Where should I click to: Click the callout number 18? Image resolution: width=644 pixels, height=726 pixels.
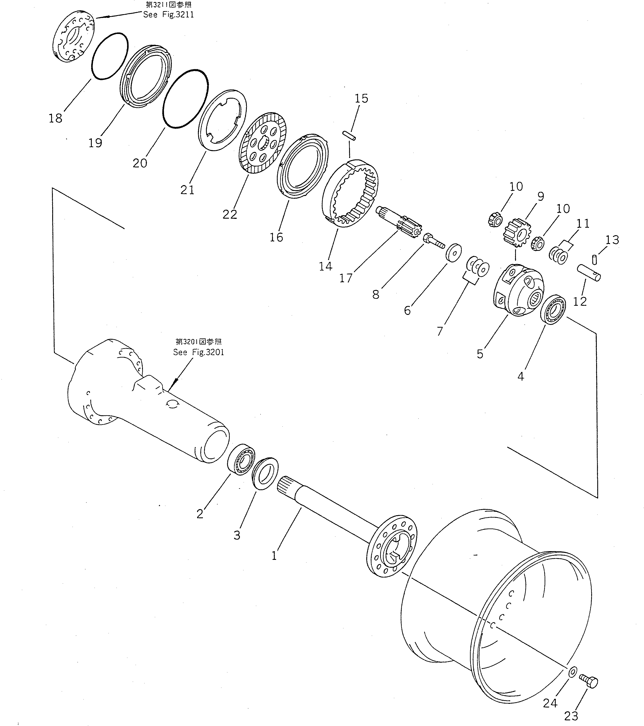point(55,118)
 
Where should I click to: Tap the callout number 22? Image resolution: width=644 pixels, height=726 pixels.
point(230,214)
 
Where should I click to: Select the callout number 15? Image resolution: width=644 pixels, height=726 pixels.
point(361,98)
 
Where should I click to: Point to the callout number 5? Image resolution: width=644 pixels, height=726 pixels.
point(480,354)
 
